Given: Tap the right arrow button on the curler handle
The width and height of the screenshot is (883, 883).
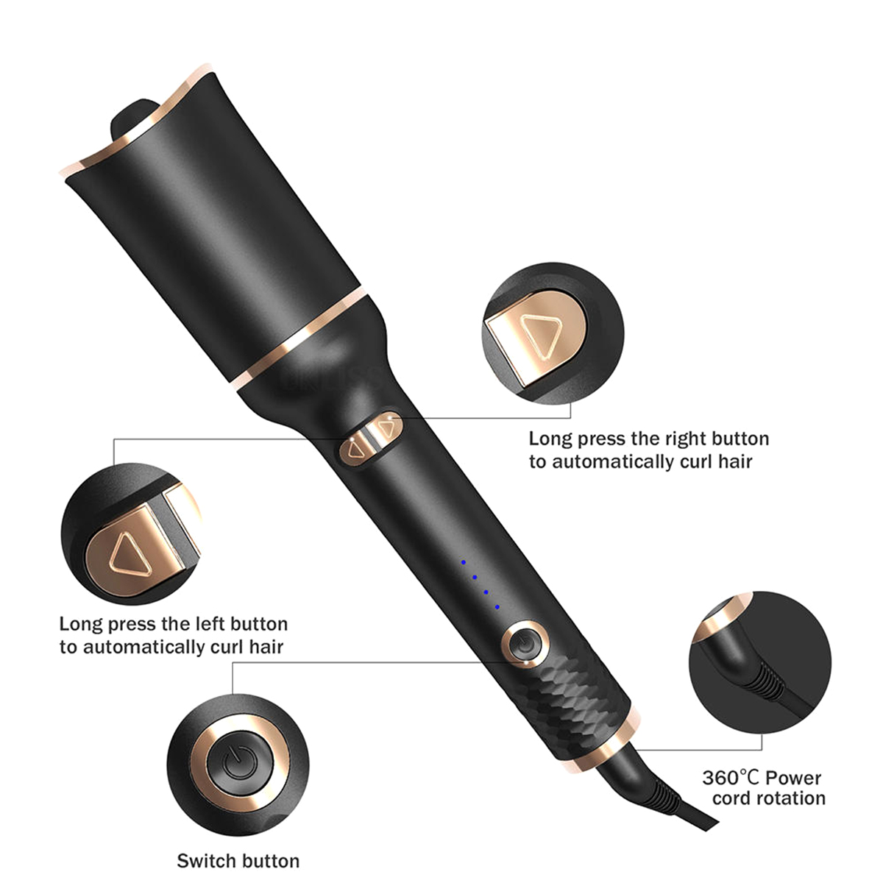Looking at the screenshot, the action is (387, 428).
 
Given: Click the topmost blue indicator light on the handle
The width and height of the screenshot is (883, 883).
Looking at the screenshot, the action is (464, 561).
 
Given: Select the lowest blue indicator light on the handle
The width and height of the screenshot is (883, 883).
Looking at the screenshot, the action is (497, 607).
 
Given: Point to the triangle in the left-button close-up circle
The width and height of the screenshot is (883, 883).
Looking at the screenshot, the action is (130, 555).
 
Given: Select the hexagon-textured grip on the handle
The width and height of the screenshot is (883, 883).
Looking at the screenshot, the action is (578, 703).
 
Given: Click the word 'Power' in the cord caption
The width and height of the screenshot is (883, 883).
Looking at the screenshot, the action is (793, 778).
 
